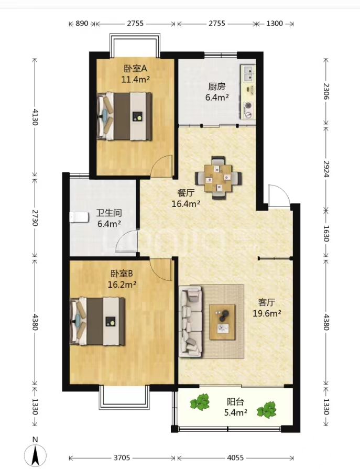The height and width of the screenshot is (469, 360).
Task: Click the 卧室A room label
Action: point(135,69)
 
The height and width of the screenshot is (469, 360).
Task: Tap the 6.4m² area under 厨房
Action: point(217,97)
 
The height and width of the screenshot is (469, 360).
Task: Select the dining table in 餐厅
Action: point(219,178)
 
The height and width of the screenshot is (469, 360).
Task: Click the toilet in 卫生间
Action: point(79,217)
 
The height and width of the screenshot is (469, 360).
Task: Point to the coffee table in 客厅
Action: point(222,322)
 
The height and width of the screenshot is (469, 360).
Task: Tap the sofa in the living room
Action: point(190,322)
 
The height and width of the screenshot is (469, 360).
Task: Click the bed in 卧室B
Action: point(97,321)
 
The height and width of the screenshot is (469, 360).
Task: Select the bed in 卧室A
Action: point(124,116)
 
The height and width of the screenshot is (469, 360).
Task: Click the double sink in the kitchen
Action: point(248,73)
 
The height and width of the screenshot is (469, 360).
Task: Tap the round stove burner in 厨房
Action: point(248,105)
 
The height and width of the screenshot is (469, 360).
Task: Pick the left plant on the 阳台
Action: point(200,402)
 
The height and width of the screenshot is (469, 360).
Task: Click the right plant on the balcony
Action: point(267,410)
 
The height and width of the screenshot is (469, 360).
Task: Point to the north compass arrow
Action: point(36,455)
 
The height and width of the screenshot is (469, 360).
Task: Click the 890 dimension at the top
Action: point(82,24)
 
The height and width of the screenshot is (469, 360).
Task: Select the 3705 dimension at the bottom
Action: point(122,457)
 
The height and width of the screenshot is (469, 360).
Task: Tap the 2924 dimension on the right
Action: point(326,169)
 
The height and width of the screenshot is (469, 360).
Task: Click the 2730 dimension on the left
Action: point(35,218)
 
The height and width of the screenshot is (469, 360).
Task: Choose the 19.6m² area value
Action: point(267,313)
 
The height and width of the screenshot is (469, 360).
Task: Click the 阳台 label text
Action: point(235,401)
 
